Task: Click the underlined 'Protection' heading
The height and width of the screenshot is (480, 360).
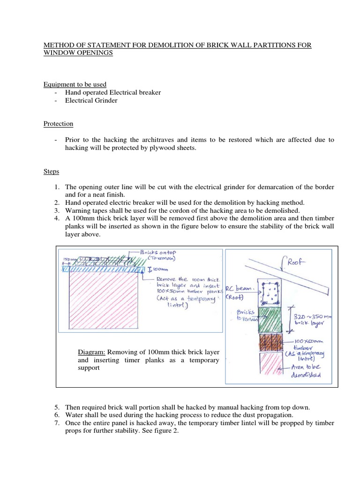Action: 58,124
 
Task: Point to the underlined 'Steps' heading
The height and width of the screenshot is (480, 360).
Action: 52,172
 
